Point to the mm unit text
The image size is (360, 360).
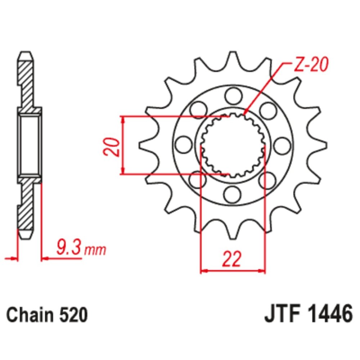click(95, 249)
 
